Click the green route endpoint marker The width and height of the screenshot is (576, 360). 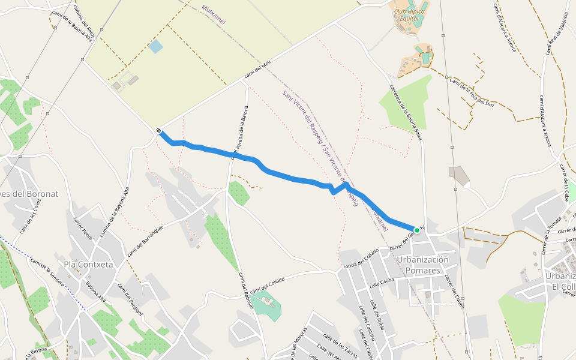tap(417, 230)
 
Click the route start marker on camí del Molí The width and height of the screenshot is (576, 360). tap(158, 131)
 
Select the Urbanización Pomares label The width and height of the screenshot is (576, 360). tap(422, 265)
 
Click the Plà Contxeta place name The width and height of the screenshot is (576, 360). tap(88, 264)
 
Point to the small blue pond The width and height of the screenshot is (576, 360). tap(155, 46)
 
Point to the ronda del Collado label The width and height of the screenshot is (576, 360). tap(360, 256)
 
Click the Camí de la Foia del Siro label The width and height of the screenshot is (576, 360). tap(471, 92)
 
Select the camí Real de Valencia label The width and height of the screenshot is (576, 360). tap(557, 34)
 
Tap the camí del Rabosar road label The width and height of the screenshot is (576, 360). tap(245, 291)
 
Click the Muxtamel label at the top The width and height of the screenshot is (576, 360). tap(214, 14)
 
